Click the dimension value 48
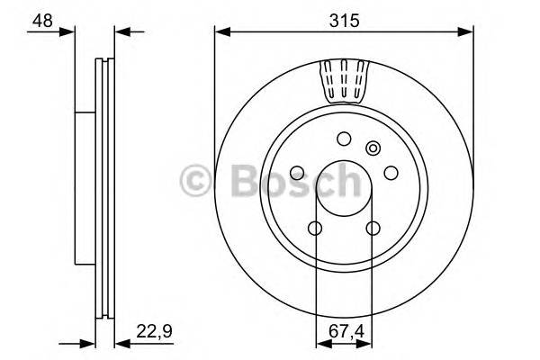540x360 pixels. [40, 20]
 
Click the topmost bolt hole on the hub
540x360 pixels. [343, 139]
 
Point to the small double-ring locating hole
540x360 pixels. [373, 148]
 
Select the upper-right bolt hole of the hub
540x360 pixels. [391, 173]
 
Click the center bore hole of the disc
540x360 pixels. [343, 188]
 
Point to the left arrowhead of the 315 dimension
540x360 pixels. [220, 32]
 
